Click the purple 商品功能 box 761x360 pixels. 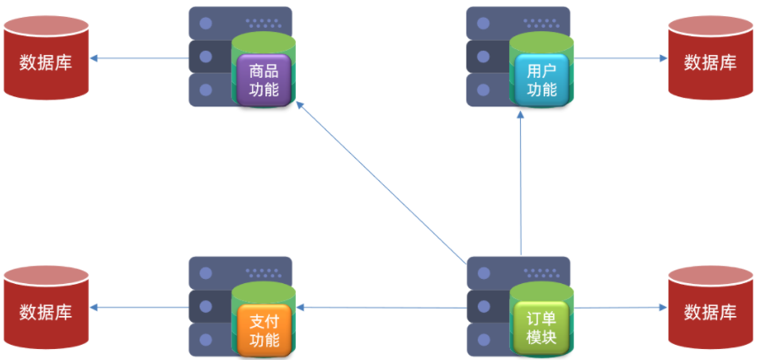tap(264, 79)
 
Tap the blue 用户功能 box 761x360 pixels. tap(542, 79)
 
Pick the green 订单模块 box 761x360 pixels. tap(542, 328)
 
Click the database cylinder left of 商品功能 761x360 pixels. tap(47, 61)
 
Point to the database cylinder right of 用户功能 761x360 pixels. tap(710, 61)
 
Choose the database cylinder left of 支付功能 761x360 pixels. tap(47, 311)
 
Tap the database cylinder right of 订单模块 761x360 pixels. tap(710, 311)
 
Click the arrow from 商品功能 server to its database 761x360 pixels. tap(140, 58)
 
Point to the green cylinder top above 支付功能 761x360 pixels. tap(264, 292)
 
